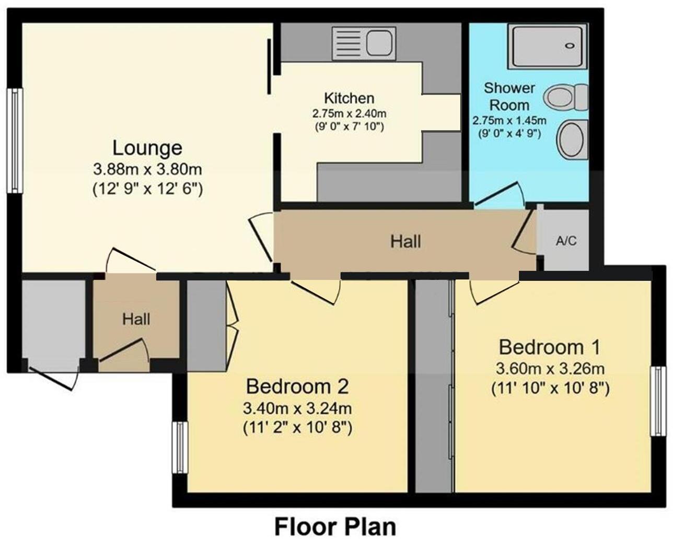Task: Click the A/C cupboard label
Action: [566, 241]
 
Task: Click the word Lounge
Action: [147, 148]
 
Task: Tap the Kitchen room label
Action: [349, 98]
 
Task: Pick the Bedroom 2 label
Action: [297, 387]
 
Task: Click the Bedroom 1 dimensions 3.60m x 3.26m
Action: [549, 369]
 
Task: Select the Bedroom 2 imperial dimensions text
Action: [297, 428]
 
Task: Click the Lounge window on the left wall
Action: [15, 140]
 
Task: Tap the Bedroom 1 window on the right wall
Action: [656, 401]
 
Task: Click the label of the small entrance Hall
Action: [136, 319]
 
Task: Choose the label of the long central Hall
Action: [405, 241]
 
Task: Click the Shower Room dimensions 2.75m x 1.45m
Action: [509, 121]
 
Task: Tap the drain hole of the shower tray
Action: [569, 46]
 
